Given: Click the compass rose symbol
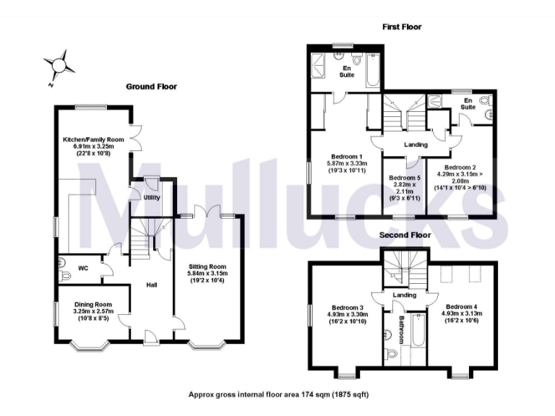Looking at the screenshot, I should [x=57, y=66].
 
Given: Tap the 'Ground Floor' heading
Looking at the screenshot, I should [x=151, y=87].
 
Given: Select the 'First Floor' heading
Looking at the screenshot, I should [x=402, y=27].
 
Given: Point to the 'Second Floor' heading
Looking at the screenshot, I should [x=405, y=235].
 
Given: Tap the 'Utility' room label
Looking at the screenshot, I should [x=152, y=196].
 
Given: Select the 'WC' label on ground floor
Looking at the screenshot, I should [x=83, y=268].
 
